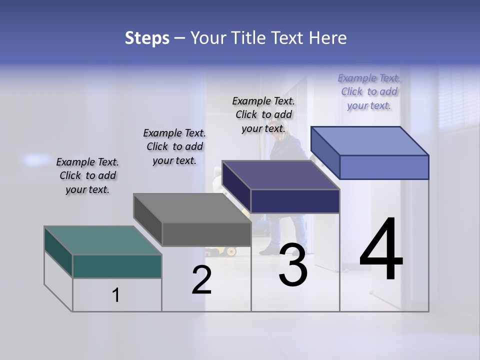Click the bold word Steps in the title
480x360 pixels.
click(x=147, y=38)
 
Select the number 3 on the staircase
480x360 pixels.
click(x=292, y=265)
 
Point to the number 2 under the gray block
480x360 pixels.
click(x=201, y=280)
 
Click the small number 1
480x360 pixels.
click(x=116, y=295)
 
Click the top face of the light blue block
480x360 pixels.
click(x=370, y=140)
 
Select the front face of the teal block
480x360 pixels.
click(x=117, y=266)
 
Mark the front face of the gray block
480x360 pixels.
click(x=206, y=234)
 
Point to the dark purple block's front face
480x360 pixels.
click(x=295, y=201)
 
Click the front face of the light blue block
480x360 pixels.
click(x=384, y=167)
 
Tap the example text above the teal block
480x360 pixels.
click(x=87, y=175)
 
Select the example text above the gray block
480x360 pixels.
click(x=174, y=146)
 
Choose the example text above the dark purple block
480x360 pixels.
click(x=263, y=114)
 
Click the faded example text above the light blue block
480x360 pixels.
click(x=369, y=91)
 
